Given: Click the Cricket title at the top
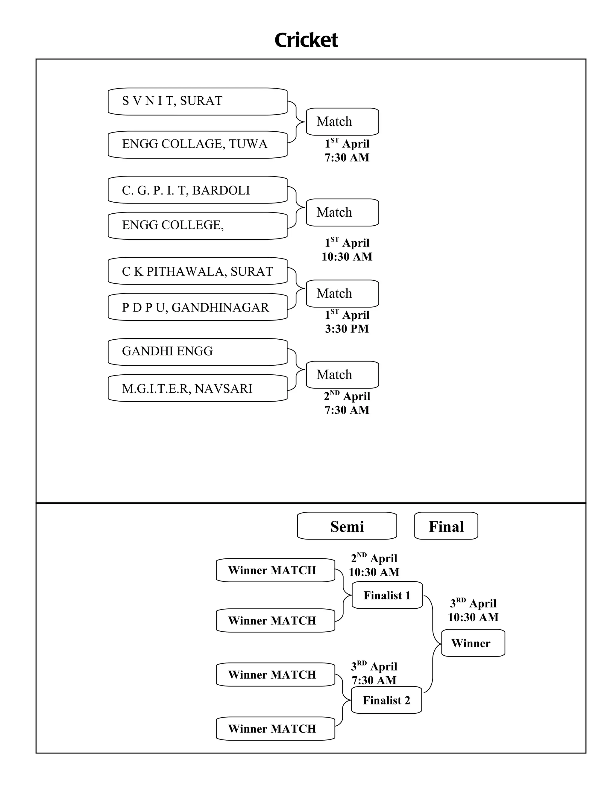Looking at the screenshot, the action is [306, 40].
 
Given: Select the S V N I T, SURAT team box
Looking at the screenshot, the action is [198, 101].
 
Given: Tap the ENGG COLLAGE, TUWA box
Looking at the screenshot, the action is [198, 145].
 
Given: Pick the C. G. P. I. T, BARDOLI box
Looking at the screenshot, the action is [198, 190].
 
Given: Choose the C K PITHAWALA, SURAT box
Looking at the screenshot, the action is [198, 271].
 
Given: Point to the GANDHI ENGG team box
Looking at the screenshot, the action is [198, 352].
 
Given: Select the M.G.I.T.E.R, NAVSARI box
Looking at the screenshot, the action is [198, 388].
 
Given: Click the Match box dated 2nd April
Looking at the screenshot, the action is [342, 375].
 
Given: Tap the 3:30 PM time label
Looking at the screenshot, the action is [347, 329].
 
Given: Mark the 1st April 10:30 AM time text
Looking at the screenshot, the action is [347, 250].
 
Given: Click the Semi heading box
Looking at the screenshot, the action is [347, 526].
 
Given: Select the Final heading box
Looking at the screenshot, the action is [446, 526].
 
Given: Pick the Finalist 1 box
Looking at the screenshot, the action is [387, 595].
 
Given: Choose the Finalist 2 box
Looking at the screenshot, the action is [386, 700].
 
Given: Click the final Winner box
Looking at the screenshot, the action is [473, 643].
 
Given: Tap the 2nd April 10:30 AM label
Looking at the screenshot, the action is [374, 565].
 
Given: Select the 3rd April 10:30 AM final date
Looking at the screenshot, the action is [473, 610].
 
